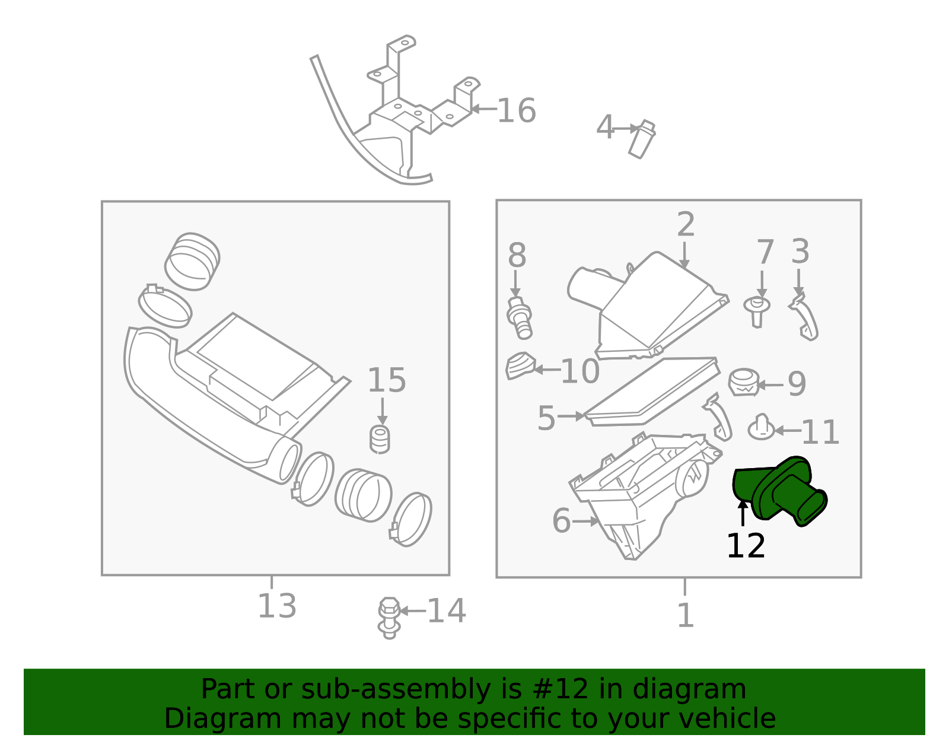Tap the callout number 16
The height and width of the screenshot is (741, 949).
click(x=516, y=111)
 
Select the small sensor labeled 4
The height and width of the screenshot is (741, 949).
click(x=642, y=140)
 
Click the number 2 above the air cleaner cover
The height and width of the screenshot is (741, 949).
click(x=686, y=225)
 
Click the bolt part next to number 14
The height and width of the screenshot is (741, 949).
click(x=388, y=617)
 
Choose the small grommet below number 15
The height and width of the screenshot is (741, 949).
click(x=380, y=439)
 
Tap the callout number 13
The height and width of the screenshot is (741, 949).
click(x=276, y=606)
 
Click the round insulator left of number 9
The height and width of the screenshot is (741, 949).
click(x=744, y=382)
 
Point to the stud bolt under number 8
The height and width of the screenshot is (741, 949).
click(x=520, y=319)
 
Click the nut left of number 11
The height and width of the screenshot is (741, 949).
click(x=762, y=428)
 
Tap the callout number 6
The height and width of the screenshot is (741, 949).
click(x=561, y=521)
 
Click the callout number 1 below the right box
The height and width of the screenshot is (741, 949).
click(x=685, y=615)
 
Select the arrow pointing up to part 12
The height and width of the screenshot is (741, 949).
click(x=743, y=513)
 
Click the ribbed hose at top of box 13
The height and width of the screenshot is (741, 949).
click(x=192, y=262)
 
